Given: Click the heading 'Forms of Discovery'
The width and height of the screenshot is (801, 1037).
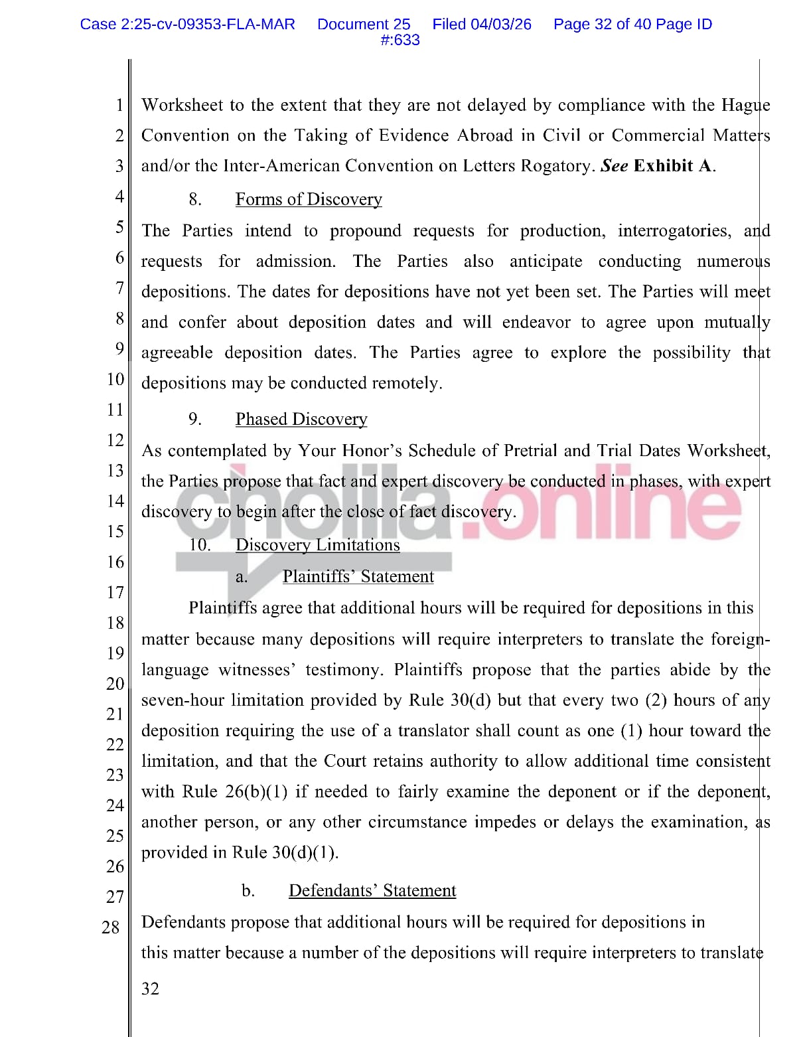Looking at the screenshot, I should click(309, 199).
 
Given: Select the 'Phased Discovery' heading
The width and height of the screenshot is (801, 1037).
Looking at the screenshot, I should click(301, 419).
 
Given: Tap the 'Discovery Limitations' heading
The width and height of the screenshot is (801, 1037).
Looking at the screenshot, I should click(317, 544).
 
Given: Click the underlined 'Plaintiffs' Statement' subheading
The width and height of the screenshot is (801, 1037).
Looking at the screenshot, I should click(358, 576).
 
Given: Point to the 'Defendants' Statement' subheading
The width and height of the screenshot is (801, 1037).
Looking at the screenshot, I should click(372, 890).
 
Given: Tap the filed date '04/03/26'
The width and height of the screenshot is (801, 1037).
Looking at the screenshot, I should click(501, 25).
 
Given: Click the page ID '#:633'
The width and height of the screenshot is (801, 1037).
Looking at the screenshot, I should click(400, 40).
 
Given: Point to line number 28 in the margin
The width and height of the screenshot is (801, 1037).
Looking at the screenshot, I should click(111, 927).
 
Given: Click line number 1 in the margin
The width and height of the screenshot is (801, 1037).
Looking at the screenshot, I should click(119, 105).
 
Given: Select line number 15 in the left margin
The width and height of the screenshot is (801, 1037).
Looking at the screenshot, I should click(115, 531).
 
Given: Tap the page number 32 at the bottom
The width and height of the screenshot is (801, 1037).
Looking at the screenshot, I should click(151, 989).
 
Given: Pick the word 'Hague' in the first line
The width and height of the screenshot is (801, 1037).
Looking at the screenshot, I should click(745, 105).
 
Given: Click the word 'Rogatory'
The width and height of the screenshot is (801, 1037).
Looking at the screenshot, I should click(559, 165).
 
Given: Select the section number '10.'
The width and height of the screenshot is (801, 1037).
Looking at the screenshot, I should click(200, 544).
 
